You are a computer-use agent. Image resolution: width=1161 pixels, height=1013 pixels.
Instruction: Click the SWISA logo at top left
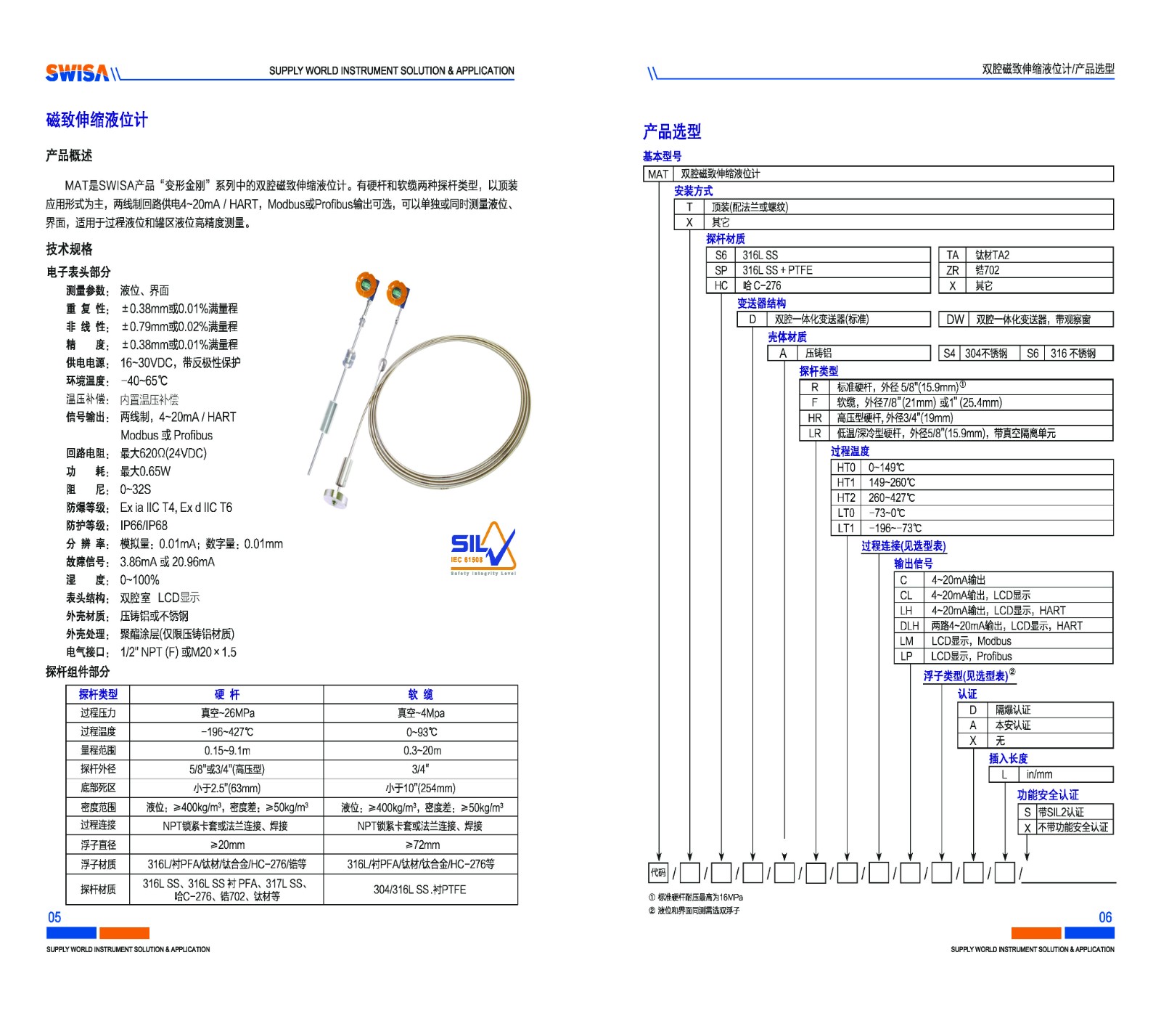(77, 72)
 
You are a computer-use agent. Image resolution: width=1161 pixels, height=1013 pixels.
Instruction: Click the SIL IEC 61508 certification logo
(483, 548)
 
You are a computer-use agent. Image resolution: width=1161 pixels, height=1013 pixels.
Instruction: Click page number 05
(54, 917)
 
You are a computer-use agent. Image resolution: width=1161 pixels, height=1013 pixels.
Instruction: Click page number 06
(1105, 917)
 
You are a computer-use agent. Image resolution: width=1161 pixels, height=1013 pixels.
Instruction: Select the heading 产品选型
(672, 131)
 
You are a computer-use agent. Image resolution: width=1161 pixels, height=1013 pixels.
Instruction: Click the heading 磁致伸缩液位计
(97, 120)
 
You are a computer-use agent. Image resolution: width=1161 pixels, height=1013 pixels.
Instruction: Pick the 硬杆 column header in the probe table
(226, 694)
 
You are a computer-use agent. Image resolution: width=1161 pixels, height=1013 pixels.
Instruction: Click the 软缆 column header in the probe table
(420, 694)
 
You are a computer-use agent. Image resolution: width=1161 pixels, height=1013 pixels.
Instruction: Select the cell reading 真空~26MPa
(227, 713)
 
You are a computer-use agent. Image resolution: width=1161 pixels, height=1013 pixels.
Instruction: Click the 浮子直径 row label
(98, 845)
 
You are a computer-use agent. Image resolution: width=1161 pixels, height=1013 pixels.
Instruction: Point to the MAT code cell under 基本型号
(658, 174)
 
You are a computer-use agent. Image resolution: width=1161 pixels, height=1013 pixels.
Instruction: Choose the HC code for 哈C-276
(721, 285)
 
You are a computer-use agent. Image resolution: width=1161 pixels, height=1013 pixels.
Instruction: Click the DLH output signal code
(909, 626)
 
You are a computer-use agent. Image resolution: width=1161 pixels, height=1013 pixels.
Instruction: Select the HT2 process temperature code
(846, 497)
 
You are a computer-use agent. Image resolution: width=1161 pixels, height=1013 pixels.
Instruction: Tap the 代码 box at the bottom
(657, 872)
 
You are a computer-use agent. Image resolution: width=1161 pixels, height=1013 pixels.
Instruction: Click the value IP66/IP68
(144, 525)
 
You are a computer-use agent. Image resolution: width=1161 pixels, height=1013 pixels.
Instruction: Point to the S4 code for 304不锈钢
(949, 354)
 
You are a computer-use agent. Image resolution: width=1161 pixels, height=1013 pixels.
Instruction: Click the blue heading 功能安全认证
(1047, 794)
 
